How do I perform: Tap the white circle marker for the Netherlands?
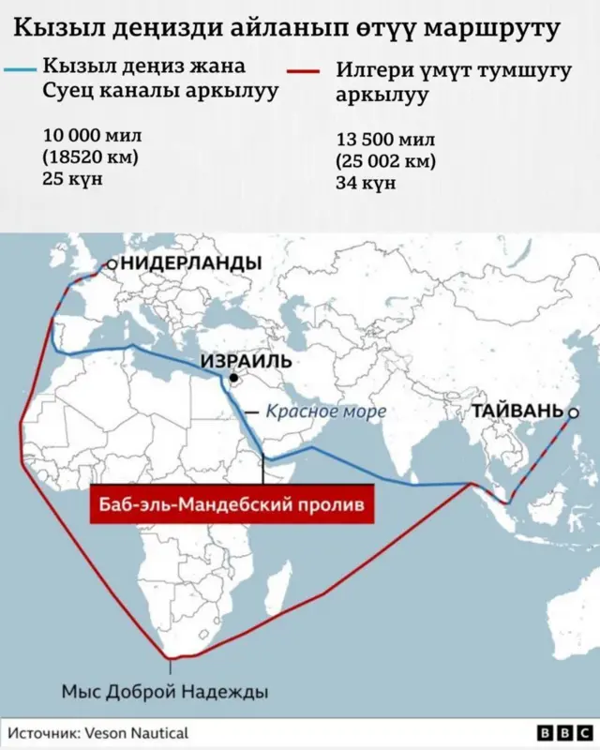coord(112,264)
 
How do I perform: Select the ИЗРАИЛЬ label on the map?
coord(247,361)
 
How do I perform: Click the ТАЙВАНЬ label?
coord(517,411)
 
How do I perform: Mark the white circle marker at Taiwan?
coord(574,412)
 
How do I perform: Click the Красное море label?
coord(325,411)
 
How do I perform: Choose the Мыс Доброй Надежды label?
coord(165,692)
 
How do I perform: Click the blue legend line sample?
coord(21,69)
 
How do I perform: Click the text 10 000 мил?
coord(92,136)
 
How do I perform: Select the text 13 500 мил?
coord(385,141)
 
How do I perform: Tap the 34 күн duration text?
coord(366,183)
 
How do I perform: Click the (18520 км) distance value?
coord(90,157)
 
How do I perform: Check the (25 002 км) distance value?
coord(386,161)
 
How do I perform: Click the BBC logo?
coord(564,733)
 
